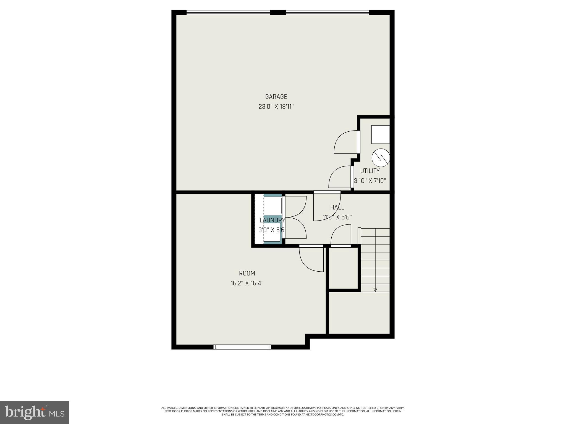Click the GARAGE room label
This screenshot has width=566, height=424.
276,97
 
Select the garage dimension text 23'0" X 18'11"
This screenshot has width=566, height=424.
276,107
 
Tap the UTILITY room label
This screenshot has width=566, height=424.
370,171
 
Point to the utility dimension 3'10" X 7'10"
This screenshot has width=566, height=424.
370,181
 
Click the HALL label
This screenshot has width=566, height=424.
337,207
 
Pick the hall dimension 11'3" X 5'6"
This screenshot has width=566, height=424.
337,217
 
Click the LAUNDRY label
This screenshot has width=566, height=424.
272,220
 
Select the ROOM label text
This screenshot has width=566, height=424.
247,273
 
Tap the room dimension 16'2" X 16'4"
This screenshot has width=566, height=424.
247,283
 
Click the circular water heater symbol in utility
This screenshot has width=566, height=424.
381,158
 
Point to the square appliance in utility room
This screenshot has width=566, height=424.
380,134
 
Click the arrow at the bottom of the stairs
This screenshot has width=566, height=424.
375,290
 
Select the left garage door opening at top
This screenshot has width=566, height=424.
228,12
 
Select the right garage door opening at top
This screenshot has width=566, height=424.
327,12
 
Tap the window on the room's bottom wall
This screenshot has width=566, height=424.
242,347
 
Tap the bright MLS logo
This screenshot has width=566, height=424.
35,412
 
